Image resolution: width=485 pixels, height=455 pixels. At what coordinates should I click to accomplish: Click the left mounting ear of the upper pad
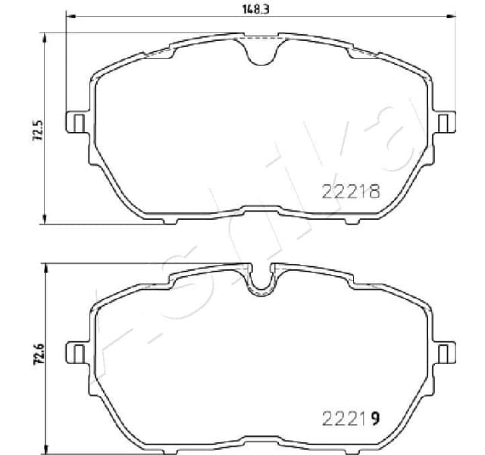76,121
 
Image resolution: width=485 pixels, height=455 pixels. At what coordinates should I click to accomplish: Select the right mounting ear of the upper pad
446,121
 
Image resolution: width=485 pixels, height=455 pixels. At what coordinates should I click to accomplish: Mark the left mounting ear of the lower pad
76,352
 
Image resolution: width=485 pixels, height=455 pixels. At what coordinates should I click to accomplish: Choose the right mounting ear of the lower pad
446,352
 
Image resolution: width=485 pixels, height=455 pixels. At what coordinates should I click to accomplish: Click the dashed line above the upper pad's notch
261,37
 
